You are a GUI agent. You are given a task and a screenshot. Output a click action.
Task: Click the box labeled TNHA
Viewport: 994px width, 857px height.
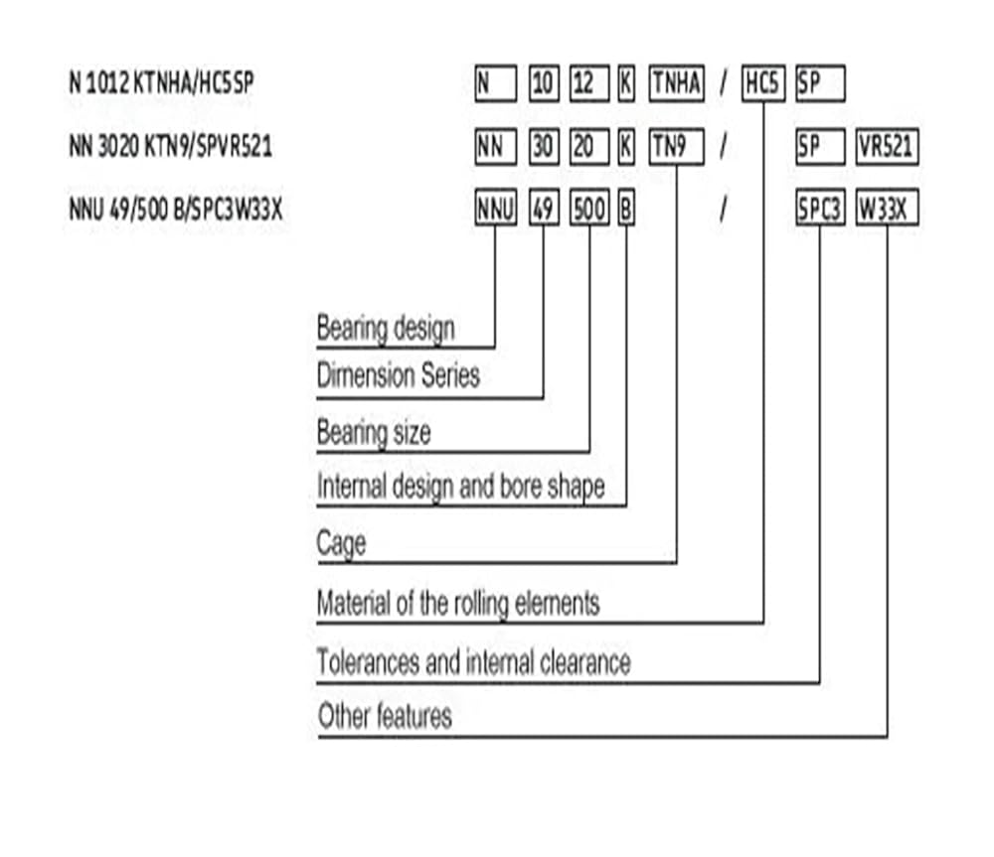point(676,83)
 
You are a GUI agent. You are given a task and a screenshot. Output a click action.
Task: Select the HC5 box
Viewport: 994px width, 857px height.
point(763,83)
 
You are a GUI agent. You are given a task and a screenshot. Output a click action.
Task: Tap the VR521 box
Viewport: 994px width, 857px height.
point(887,147)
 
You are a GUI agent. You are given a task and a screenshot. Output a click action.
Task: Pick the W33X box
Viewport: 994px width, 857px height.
point(887,208)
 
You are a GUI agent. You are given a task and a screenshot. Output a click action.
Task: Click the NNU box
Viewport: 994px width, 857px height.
point(496,208)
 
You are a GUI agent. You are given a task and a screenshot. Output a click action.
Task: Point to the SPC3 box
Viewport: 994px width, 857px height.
point(820,208)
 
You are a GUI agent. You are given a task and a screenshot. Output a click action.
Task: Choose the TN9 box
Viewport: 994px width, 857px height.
point(676,147)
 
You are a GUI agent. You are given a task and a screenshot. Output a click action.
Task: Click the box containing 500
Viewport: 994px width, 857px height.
point(589,208)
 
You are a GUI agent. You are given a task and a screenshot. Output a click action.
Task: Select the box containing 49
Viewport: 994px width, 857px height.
point(544,208)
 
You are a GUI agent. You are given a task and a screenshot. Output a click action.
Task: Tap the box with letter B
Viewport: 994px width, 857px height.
point(626,208)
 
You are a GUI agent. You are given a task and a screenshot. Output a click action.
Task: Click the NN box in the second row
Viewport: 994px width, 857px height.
point(496,147)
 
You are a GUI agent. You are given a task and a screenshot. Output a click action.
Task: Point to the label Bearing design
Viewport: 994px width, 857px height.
point(386,329)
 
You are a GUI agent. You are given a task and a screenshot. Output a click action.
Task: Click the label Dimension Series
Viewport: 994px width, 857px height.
point(399,375)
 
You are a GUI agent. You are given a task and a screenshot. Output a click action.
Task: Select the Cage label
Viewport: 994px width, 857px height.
point(341,544)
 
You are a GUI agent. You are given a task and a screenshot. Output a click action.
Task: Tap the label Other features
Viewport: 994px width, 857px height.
point(385,716)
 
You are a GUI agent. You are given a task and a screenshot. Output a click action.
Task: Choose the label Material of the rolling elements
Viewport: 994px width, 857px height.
point(457,603)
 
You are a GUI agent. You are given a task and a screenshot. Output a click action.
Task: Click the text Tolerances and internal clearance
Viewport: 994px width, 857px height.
point(473,662)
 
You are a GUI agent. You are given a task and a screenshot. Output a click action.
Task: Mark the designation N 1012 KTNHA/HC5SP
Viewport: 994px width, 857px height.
point(161,82)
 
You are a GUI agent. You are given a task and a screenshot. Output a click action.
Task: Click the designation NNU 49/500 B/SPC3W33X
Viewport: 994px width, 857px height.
point(176,209)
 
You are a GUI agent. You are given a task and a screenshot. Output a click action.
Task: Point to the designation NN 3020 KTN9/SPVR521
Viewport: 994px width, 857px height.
point(171,146)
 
